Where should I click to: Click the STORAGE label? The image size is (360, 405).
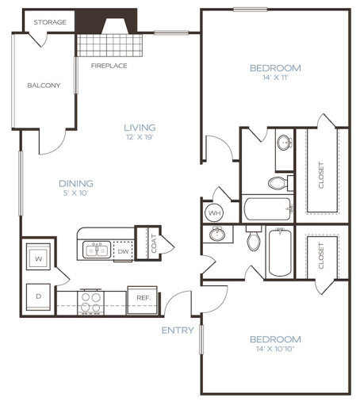[49, 23]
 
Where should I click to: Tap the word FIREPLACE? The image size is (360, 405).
[109, 65]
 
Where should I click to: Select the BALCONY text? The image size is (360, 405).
[44, 86]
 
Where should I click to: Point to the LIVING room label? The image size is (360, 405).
[140, 127]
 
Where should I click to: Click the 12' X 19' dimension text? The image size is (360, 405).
[140, 138]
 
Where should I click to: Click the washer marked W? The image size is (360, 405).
[38, 259]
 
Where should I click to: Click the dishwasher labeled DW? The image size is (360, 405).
[123, 251]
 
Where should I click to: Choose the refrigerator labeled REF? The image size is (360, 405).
[143, 298]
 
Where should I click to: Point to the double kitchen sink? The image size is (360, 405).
[97, 250]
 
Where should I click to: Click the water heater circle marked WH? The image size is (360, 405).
[214, 213]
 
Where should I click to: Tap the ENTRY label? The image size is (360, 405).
[178, 330]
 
